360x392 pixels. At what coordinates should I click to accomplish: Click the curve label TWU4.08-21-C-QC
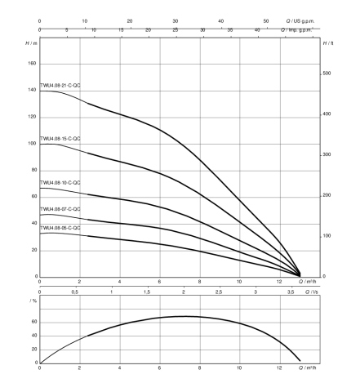click(x=60, y=86)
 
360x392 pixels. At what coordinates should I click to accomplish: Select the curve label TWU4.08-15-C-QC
click(x=60, y=139)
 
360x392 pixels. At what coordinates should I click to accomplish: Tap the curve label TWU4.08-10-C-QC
click(x=60, y=182)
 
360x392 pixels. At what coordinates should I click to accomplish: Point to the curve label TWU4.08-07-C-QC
click(x=60, y=209)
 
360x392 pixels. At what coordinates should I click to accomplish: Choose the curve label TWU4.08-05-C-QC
click(x=60, y=228)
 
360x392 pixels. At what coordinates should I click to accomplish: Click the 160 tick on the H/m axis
click(x=32, y=64)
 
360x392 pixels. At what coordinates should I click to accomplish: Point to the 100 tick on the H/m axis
click(x=32, y=144)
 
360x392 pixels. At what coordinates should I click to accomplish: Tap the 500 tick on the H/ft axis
click(x=327, y=73)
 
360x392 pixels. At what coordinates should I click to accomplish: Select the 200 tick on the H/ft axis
click(x=327, y=195)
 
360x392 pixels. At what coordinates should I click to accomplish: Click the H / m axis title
click(x=31, y=43)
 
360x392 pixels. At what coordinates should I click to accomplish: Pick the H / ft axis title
click(x=328, y=43)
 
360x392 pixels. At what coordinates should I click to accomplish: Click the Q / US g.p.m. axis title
click(x=300, y=21)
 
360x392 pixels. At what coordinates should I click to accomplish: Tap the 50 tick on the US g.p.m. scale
click(x=266, y=21)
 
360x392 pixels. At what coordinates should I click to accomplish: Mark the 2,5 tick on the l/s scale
click(x=219, y=292)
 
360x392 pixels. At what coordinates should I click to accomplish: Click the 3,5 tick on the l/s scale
click(x=291, y=292)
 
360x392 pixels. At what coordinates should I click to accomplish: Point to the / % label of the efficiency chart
click(x=33, y=301)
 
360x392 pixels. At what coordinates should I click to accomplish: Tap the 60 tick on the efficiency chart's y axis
click(x=34, y=322)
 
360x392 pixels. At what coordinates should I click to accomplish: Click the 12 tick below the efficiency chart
click(x=279, y=367)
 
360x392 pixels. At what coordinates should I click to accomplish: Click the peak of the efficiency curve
click(x=186, y=316)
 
